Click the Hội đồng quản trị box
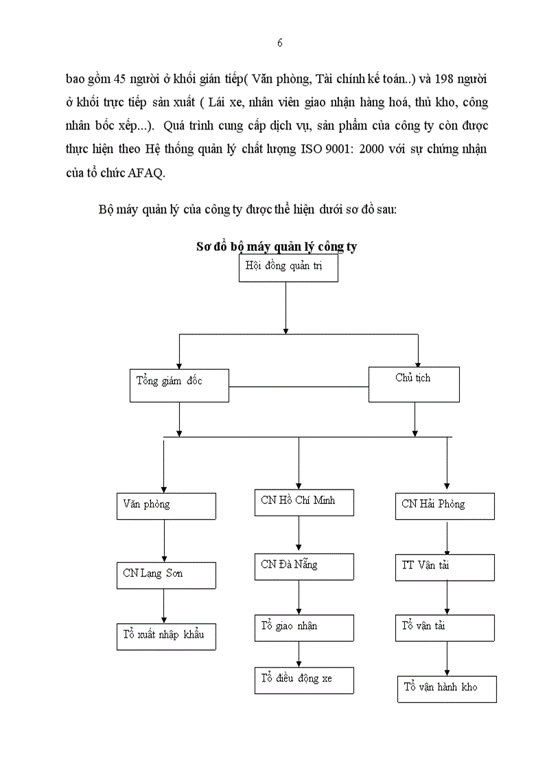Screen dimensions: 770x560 [x=288, y=268]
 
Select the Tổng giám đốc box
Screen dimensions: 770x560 [x=179, y=385]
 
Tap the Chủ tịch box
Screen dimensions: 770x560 [x=414, y=384]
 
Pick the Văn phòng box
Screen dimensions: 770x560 [x=165, y=506]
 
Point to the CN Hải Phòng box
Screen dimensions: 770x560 [x=444, y=506]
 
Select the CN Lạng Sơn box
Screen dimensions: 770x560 [x=165, y=575]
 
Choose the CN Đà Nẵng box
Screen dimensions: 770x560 [x=304, y=566]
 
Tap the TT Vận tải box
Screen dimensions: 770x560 [x=444, y=567]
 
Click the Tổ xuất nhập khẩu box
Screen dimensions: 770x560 [x=165, y=636]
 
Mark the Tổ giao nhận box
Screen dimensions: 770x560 [x=304, y=627]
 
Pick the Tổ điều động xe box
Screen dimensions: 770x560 [x=304, y=679]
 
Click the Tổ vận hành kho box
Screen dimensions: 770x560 [x=447, y=688]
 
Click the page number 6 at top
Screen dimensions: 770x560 [x=280, y=43]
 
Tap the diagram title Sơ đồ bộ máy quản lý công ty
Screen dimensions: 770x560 [x=277, y=247]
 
